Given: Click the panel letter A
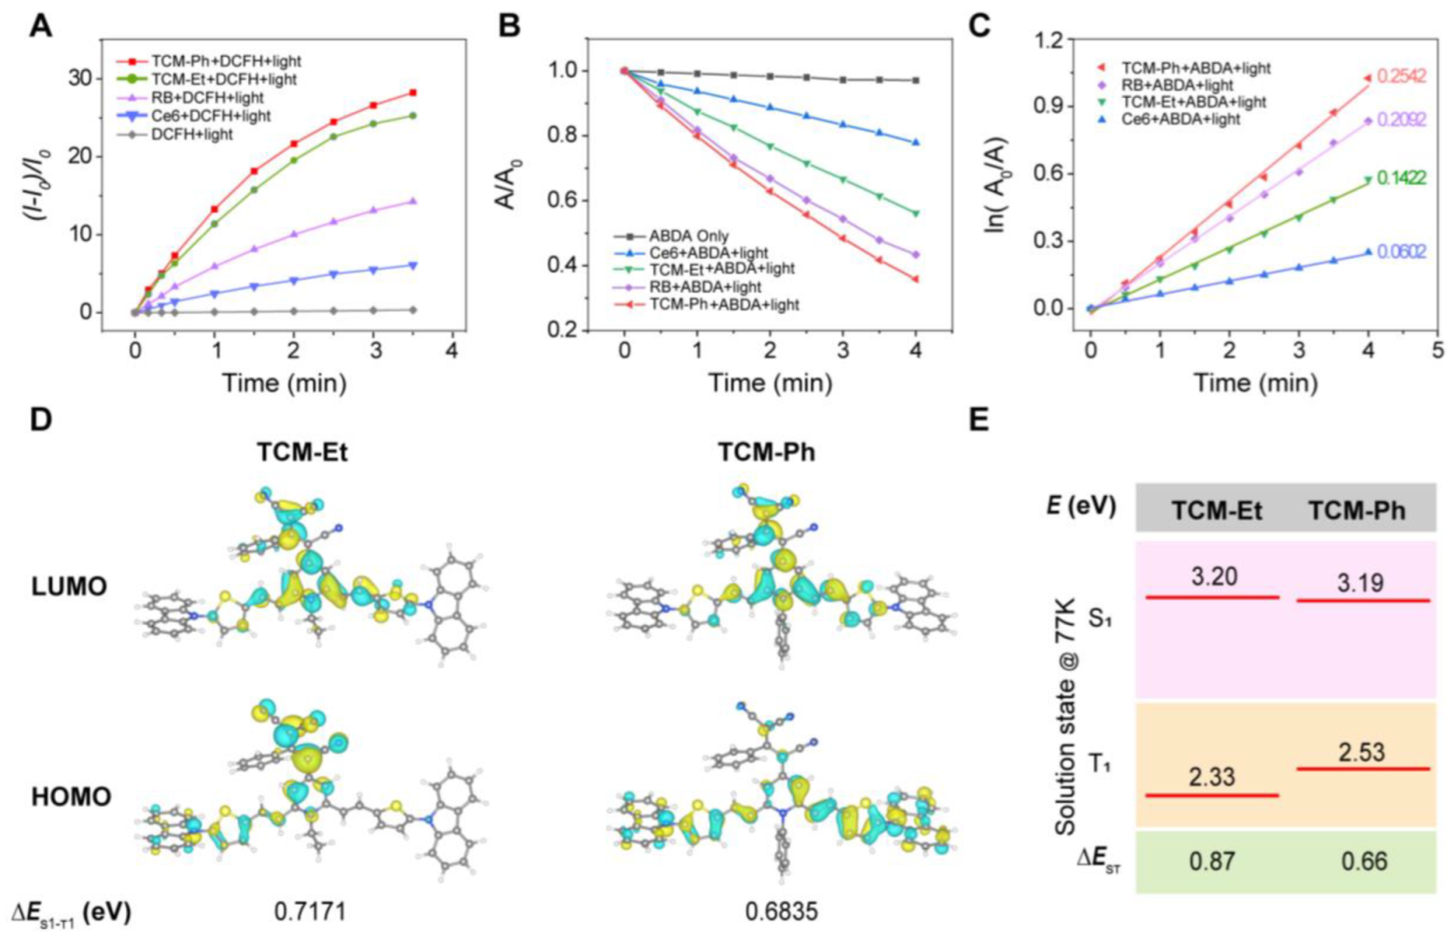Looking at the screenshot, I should (x=40, y=26).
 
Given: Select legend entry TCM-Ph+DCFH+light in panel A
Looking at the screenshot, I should (x=225, y=61).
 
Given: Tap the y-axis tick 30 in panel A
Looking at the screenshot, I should (x=79, y=78).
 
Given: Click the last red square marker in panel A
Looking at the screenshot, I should (x=412, y=93).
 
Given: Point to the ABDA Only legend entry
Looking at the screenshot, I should (x=688, y=236).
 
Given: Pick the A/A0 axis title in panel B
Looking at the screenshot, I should (x=506, y=184).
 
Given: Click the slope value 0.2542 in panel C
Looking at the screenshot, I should (x=1401, y=77).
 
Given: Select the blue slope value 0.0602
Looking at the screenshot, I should (x=1401, y=252).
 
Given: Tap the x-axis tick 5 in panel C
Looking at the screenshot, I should (x=1437, y=351).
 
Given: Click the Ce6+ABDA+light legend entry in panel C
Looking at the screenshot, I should (x=1180, y=119).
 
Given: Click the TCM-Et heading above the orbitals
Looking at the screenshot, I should (x=301, y=452).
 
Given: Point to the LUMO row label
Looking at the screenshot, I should (x=69, y=587).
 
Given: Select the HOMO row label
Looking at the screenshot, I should (x=71, y=797).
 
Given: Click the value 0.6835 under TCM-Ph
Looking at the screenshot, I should (x=781, y=912).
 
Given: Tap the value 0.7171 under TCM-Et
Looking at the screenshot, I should (x=310, y=912).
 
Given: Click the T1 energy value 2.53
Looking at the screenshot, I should (x=1361, y=752).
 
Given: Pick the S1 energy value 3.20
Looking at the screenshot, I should (x=1214, y=577).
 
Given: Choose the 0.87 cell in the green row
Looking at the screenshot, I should (x=1212, y=862).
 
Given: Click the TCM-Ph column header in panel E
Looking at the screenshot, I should (x=1356, y=511).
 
